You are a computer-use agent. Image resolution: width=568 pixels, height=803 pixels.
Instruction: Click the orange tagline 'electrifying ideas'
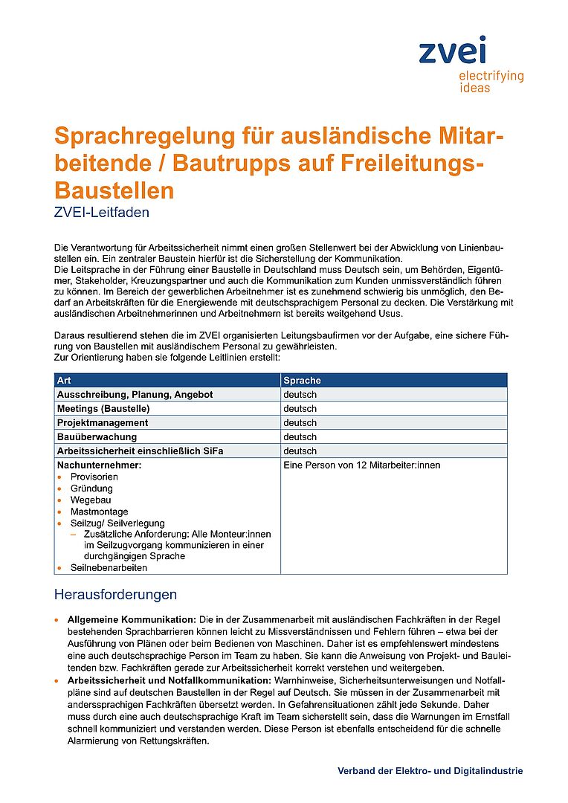point(491,82)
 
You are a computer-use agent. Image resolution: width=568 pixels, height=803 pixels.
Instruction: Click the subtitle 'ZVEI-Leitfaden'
point(102,213)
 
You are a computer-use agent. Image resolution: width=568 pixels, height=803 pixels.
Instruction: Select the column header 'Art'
point(64,380)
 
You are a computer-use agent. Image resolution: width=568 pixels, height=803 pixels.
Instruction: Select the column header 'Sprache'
point(302,380)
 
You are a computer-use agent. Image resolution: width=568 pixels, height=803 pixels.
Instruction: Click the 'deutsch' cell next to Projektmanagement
point(300,422)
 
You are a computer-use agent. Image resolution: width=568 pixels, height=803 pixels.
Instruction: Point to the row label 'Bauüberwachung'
point(97,436)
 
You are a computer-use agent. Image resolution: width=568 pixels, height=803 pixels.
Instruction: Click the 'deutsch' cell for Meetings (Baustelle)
point(300,408)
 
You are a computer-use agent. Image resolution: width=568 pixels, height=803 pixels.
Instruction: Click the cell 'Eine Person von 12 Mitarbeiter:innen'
point(361,465)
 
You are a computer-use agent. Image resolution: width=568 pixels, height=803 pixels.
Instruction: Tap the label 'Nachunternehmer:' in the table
point(99,465)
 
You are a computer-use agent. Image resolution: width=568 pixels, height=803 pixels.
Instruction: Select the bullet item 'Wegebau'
point(91,500)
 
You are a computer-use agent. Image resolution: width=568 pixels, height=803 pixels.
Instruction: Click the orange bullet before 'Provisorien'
point(59,477)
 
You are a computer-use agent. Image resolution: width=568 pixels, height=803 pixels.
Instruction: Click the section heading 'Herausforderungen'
point(115,595)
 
